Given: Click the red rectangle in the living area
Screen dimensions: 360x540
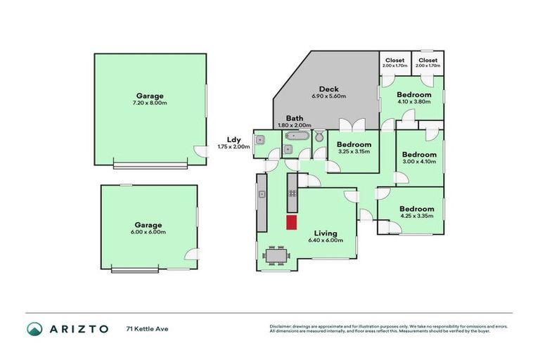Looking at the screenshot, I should pyautogui.click(x=291, y=222).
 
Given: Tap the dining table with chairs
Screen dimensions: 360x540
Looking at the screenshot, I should pyautogui.click(x=274, y=256).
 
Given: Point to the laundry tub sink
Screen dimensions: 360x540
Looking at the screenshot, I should pyautogui.click(x=259, y=139).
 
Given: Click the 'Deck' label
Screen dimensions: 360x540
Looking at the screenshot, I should pyautogui.click(x=328, y=89).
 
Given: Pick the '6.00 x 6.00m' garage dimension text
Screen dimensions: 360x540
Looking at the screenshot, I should pyautogui.click(x=149, y=232).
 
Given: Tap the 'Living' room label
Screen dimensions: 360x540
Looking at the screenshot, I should pyautogui.click(x=326, y=233).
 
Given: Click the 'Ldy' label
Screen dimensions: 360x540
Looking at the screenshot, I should pyautogui.click(x=234, y=139).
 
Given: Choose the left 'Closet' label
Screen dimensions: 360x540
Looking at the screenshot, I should pyautogui.click(x=395, y=60).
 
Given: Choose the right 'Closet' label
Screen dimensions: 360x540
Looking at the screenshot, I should pyautogui.click(x=427, y=60).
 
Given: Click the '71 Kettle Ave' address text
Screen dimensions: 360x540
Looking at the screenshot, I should pyautogui.click(x=147, y=328).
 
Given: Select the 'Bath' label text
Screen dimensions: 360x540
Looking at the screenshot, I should pyautogui.click(x=295, y=117).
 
